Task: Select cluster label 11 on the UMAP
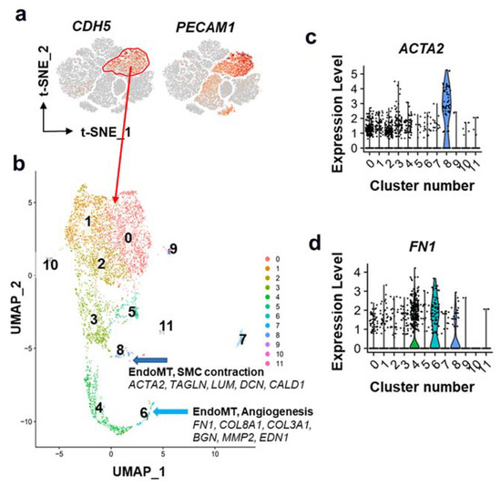(x=165, y=326)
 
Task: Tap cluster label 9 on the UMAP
(x=173, y=248)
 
